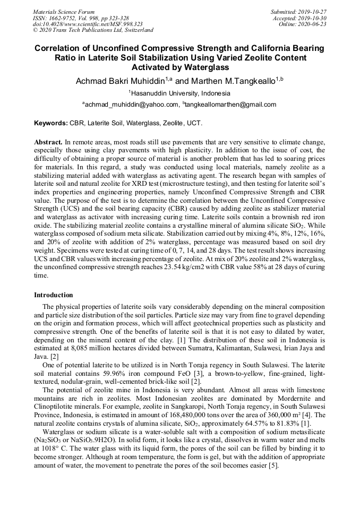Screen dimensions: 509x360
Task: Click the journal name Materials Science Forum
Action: tap(64, 12)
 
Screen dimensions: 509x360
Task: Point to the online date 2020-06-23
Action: tap(315, 24)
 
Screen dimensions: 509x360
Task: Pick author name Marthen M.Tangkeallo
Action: tap(233, 81)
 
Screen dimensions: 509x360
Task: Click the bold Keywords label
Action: tap(51, 123)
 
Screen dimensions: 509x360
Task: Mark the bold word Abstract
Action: tap(48, 143)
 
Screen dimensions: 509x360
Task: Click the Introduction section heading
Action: tap(54, 295)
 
